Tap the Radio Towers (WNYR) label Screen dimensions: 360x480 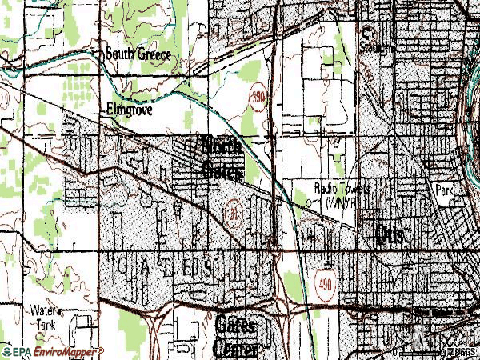(x=342, y=194)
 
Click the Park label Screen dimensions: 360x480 (x=445, y=190)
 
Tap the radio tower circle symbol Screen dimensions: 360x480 (x=309, y=202)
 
